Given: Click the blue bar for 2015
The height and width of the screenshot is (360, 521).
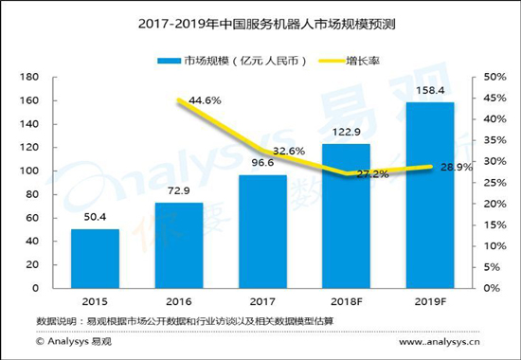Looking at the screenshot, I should [94, 259].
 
